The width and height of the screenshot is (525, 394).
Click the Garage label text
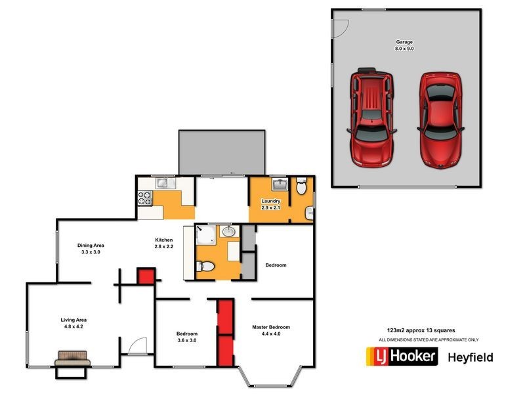[404, 42]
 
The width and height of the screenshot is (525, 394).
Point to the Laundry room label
[271, 201]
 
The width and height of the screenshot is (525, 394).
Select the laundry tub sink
[281, 185]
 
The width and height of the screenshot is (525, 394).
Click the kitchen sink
[163, 184]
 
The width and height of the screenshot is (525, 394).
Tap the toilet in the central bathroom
[205, 267]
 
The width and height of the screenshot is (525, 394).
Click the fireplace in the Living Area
[72, 359]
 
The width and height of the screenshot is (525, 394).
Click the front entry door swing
[138, 347]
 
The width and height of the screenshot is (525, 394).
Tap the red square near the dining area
[146, 276]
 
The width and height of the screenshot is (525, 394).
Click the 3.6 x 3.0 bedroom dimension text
[187, 341]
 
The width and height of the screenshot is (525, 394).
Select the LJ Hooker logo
[401, 357]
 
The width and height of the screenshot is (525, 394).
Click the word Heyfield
[470, 357]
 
